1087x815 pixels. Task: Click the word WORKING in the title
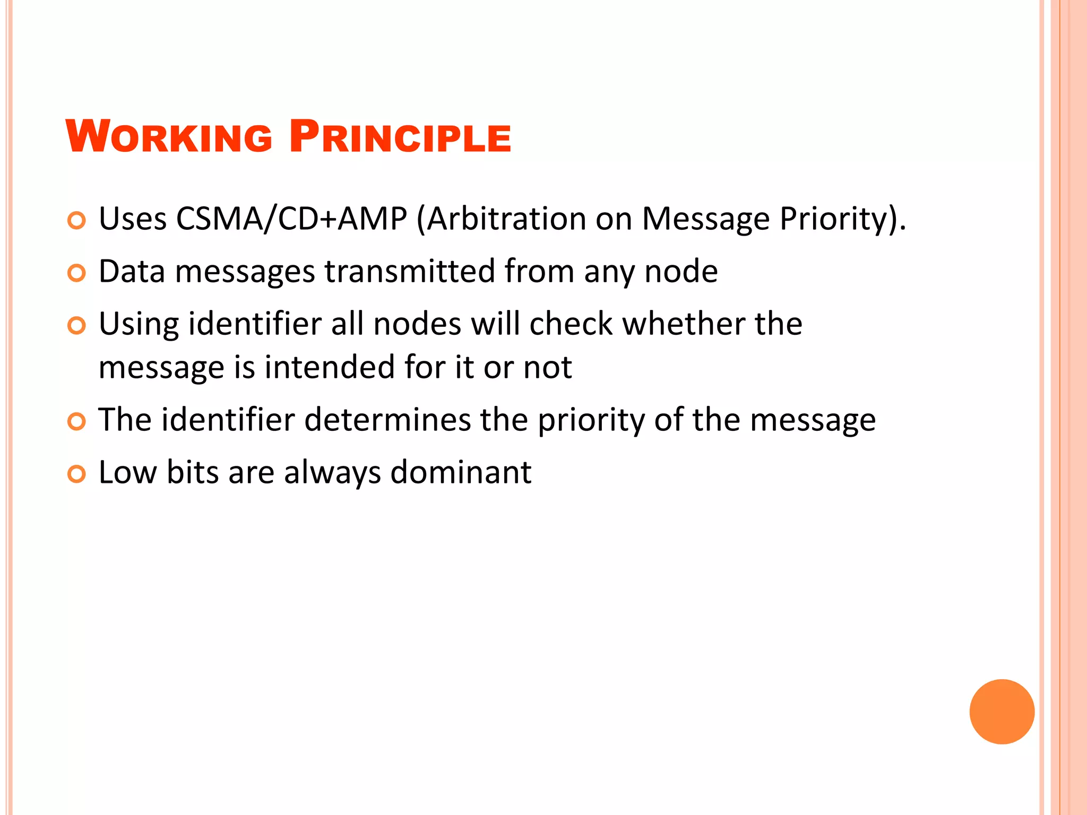click(169, 137)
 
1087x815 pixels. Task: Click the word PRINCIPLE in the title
click(400, 137)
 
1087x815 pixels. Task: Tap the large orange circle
click(1002, 712)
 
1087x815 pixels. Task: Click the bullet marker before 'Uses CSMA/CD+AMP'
click(77, 220)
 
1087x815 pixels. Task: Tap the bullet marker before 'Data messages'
click(77, 273)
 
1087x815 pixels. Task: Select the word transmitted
click(409, 271)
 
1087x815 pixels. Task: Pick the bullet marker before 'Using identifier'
click(77, 326)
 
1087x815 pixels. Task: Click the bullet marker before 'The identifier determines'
click(77, 422)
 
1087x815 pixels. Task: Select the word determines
click(387, 420)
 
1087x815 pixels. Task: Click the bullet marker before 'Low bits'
click(77, 474)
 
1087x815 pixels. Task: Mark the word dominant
click(461, 472)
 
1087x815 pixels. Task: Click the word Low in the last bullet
click(127, 472)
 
